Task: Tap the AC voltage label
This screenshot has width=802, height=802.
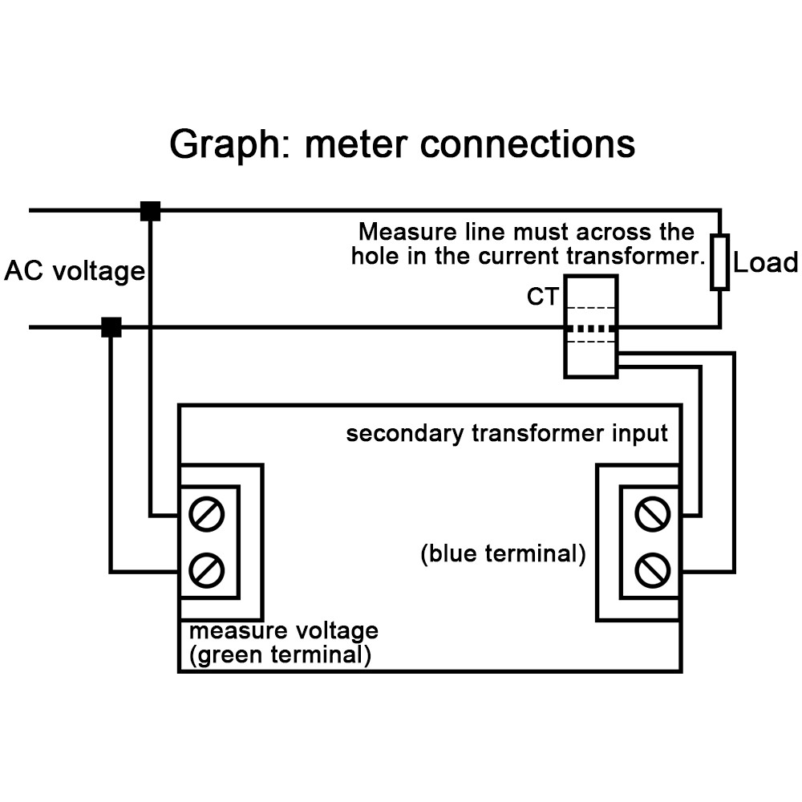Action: (75, 271)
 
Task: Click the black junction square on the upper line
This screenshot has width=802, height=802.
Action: (150, 211)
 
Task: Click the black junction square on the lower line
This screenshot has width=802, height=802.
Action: (111, 327)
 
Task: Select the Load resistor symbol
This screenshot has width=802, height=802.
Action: (719, 262)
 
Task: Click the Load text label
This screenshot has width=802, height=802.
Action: (766, 263)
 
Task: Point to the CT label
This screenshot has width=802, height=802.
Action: (542, 297)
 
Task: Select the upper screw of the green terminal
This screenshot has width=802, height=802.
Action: (207, 514)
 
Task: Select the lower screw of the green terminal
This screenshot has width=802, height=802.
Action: (207, 571)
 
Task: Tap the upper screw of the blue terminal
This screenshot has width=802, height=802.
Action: (651, 514)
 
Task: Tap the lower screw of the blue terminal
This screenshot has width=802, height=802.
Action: (651, 571)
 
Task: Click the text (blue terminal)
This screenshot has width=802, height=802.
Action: (503, 554)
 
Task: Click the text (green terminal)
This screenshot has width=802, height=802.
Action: (280, 655)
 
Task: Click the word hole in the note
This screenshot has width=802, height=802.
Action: (373, 257)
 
